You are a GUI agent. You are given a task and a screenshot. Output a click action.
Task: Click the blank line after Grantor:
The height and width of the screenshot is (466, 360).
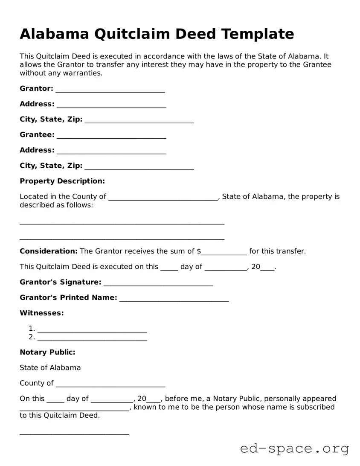pos(110,90)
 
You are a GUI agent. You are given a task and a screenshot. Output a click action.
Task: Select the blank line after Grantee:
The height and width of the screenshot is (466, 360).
pos(111,136)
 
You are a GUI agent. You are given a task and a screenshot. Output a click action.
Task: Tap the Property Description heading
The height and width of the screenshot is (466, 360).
pos(62,181)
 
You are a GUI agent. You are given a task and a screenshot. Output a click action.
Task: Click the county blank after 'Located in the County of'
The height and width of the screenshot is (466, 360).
pos(163,198)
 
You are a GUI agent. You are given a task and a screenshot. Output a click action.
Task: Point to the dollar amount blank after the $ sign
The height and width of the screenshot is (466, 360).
pos(224,252)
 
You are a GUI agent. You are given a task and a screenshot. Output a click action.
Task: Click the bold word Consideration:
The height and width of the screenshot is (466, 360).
pos(49,251)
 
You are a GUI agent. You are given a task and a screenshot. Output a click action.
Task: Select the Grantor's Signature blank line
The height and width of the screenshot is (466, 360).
pos(158,283)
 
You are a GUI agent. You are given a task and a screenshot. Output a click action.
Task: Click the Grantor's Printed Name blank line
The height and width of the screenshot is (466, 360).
pos(174,298)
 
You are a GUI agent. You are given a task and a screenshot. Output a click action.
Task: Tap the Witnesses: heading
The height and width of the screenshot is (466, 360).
pos(42,313)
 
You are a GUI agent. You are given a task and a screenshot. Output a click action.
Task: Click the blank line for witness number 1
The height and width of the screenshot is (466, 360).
pos(92,329)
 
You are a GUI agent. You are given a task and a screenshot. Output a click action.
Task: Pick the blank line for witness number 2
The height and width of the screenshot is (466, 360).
pos(92,338)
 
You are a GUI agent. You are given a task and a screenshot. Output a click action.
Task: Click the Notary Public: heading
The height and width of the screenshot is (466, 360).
pos(47,352)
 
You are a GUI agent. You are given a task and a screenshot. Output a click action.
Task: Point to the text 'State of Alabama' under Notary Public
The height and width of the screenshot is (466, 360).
pos(50,367)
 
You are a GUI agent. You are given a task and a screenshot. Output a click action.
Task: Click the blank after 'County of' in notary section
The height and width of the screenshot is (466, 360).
pos(110,384)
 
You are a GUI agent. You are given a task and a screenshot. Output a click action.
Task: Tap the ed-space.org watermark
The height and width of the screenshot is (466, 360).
pos(294,449)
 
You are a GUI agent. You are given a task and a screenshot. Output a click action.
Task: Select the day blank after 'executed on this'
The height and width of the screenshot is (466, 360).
pos(169,268)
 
